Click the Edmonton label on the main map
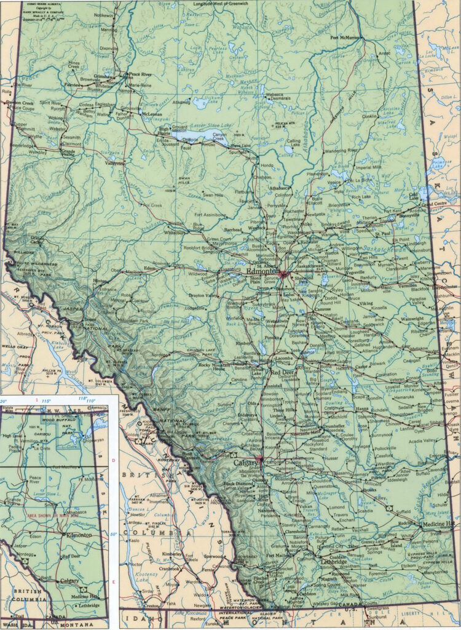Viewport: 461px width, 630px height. [262, 271]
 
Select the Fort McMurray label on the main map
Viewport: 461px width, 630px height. [344, 38]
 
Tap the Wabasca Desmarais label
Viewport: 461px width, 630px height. [278, 97]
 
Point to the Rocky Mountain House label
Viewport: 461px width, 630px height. [213, 367]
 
